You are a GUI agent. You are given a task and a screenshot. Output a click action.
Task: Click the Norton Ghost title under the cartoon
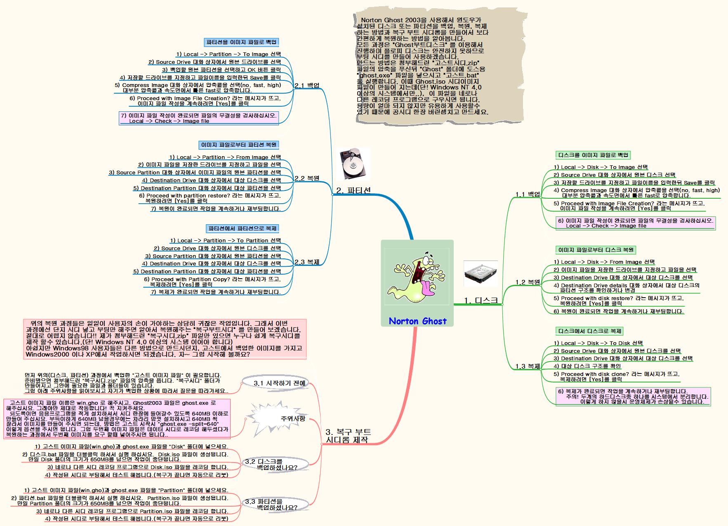(x=417, y=321)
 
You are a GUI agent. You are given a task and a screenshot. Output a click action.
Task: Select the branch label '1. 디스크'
(x=481, y=301)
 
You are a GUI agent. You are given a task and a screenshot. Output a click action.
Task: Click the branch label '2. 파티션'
(x=353, y=190)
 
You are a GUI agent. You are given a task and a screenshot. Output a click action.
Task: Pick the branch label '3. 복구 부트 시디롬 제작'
(x=348, y=436)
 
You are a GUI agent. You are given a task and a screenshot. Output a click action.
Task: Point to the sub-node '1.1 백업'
(x=528, y=194)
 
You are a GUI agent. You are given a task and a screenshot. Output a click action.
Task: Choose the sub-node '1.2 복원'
(x=528, y=282)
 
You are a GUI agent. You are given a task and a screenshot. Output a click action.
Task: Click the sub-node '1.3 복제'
(x=528, y=366)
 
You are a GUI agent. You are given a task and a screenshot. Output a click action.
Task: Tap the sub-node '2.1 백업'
(x=307, y=86)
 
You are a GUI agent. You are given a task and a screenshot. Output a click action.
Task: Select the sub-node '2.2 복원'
(x=307, y=178)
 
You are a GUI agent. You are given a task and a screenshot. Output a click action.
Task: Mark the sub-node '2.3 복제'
(x=307, y=262)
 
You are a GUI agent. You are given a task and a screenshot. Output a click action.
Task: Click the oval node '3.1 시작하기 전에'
(x=280, y=383)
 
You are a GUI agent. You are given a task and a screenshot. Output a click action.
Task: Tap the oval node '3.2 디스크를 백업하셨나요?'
(x=276, y=464)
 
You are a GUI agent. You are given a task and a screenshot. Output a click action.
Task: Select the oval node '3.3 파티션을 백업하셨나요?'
(x=276, y=504)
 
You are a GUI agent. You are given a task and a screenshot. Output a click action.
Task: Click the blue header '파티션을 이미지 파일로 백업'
(x=241, y=42)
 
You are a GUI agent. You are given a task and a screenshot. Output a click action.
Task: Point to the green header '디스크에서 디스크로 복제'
(x=590, y=331)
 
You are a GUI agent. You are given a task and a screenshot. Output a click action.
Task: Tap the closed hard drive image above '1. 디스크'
(x=481, y=273)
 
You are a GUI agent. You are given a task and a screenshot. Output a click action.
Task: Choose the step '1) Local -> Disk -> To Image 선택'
(x=601, y=167)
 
